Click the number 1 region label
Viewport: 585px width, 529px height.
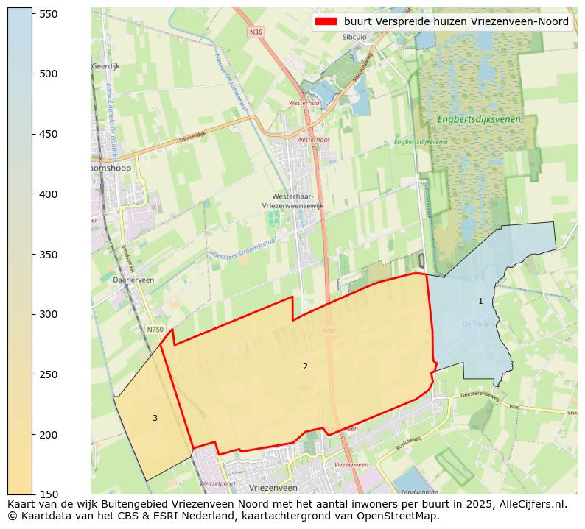point(480,301)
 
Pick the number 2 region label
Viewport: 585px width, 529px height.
point(305,366)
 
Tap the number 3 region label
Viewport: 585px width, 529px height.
point(155,418)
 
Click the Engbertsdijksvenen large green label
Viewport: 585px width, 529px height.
point(478,119)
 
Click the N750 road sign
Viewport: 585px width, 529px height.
point(155,330)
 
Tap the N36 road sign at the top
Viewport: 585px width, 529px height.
point(256,32)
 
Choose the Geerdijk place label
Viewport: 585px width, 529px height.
point(105,66)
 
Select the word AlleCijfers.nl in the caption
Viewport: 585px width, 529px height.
point(530,504)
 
